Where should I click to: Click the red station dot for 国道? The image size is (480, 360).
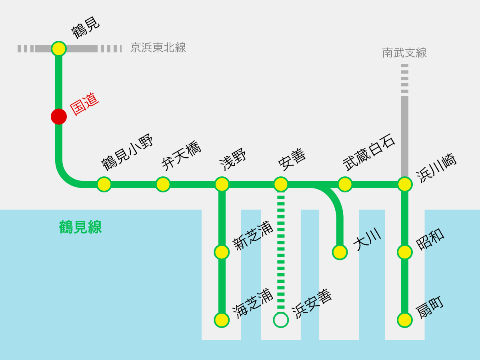pyautogui.click(x=59, y=116)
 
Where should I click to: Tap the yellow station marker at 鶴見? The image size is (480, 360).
pyautogui.click(x=59, y=48)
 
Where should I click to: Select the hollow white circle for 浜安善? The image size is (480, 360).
pyautogui.click(x=281, y=320)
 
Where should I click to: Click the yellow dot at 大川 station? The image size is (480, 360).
pyautogui.click(x=340, y=252)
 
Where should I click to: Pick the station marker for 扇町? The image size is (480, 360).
pyautogui.click(x=405, y=320)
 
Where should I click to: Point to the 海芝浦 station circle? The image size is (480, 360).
pyautogui.click(x=222, y=320)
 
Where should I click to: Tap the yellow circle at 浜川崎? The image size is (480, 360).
pyautogui.click(x=405, y=184)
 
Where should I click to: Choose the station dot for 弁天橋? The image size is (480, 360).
pyautogui.click(x=163, y=184)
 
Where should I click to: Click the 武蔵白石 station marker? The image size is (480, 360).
pyautogui.click(x=345, y=184)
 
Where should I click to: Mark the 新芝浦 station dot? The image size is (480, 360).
pyautogui.click(x=222, y=252)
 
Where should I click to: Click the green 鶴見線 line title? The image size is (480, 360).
pyautogui.click(x=80, y=227)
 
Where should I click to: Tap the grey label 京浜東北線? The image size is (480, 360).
pyautogui.click(x=158, y=48)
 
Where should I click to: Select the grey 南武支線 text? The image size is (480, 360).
pyautogui.click(x=404, y=53)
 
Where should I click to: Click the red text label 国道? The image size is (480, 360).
pyautogui.click(x=84, y=104)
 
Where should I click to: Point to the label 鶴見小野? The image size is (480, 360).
pyautogui.click(x=127, y=152)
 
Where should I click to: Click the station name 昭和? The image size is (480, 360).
pyautogui.click(x=430, y=239)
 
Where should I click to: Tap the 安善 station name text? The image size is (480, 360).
pyautogui.click(x=292, y=160)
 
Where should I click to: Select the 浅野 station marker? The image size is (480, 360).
pyautogui.click(x=222, y=184)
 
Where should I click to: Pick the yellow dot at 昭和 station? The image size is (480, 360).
pyautogui.click(x=405, y=252)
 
